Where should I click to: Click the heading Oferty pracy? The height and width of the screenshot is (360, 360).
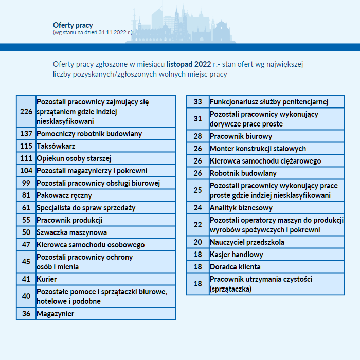[x=73, y=25]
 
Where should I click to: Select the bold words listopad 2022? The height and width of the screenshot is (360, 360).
[x=188, y=64]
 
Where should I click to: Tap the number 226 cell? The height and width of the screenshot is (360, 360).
[x=26, y=111]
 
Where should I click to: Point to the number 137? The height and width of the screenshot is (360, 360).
[x=26, y=134]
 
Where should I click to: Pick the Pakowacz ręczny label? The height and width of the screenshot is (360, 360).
[x=64, y=195]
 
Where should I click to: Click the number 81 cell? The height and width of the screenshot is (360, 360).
[x=26, y=195]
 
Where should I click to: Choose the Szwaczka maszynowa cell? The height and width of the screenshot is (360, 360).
[x=71, y=232]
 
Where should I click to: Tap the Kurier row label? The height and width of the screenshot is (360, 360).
[x=47, y=279]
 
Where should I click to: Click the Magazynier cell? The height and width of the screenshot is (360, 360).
[x=56, y=314]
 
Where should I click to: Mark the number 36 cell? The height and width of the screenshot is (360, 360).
[x=26, y=314]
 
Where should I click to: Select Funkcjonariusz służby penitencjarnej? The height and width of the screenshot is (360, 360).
[x=269, y=102]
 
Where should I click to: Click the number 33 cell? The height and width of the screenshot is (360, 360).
[x=198, y=102]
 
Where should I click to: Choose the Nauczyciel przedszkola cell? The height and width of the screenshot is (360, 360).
[x=247, y=242]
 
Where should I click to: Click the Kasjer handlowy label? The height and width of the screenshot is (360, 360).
[x=236, y=255]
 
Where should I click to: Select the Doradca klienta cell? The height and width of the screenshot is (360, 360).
[x=235, y=267]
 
